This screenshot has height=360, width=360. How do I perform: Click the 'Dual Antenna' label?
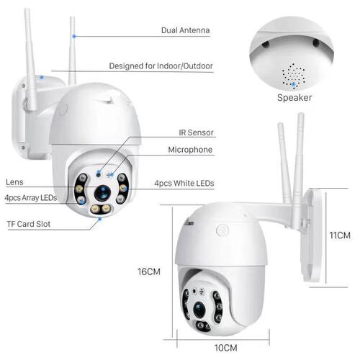click(x=186, y=32)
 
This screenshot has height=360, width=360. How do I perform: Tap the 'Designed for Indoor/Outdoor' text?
click(x=161, y=66)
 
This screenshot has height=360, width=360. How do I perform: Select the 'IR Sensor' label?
click(x=197, y=133)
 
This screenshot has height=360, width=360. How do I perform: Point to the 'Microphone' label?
click(x=190, y=150)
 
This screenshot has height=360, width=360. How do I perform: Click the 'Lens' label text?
click(x=14, y=182)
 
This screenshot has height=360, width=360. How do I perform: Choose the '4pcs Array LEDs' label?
click(x=30, y=197)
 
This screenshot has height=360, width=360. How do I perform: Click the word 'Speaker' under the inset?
click(x=295, y=98)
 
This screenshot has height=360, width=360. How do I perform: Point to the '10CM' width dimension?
click(x=225, y=348)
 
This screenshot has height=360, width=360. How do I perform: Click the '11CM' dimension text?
click(x=339, y=235)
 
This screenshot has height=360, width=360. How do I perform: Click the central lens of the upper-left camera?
click(x=102, y=193)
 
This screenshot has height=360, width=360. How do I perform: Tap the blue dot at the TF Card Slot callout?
click(x=100, y=220)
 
